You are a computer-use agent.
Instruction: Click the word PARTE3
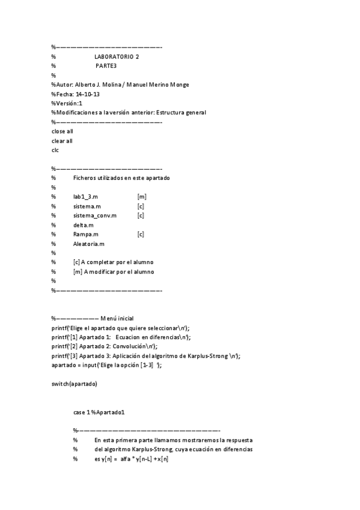coord(106,66)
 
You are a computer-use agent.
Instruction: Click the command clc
coord(55,150)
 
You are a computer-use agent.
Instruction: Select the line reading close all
coord(63,131)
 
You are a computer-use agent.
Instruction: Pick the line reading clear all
coord(63,141)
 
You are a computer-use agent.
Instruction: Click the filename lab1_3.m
coord(86,197)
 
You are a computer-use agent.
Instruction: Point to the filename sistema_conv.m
coord(94,215)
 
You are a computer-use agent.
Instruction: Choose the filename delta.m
coord(84,225)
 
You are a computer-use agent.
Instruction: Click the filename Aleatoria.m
coord(89,244)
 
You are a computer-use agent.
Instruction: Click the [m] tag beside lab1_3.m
coord(142,197)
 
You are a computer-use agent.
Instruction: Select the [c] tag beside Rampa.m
coord(141,234)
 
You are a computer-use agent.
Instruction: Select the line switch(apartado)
coord(74,384)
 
